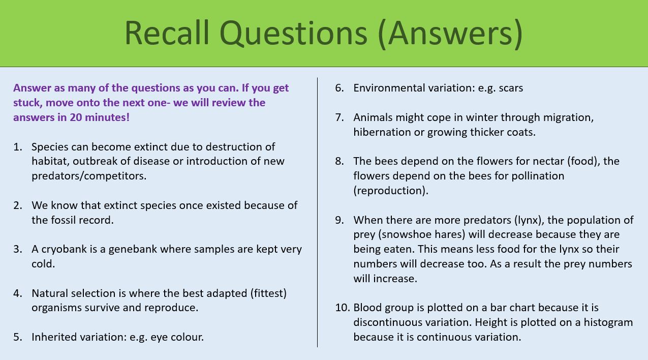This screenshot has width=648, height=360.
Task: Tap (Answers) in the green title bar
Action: (450, 34)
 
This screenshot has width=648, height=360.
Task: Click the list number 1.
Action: (18, 147)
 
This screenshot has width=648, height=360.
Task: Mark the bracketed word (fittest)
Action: (261, 293)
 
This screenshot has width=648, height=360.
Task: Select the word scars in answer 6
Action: (510, 88)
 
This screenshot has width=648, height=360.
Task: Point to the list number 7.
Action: (340, 117)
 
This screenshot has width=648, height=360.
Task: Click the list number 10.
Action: (342, 308)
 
